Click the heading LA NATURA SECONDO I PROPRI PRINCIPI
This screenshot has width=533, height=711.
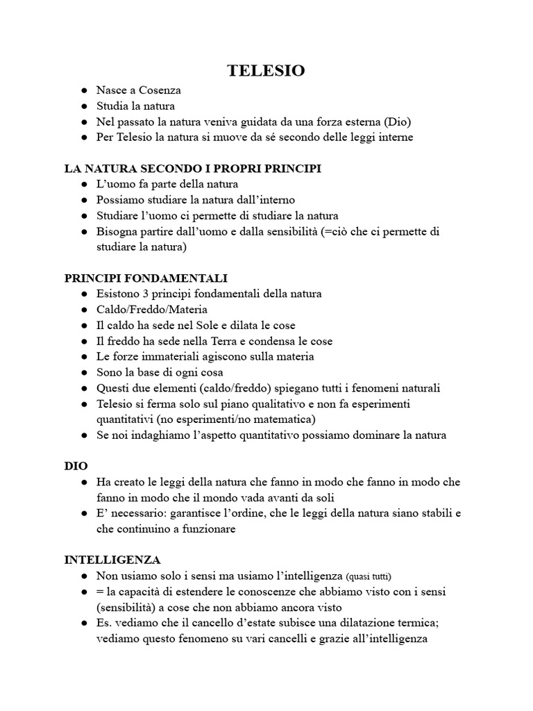click(x=193, y=169)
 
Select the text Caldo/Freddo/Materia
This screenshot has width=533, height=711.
click(x=152, y=310)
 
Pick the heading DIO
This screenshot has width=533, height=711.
click(x=76, y=466)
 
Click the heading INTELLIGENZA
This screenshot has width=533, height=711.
click(x=112, y=560)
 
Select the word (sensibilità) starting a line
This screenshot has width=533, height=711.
click(x=126, y=607)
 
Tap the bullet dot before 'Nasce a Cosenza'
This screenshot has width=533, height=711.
click(x=83, y=91)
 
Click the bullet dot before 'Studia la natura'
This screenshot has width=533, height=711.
click(x=83, y=106)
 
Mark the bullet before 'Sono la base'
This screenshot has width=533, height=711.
click(x=83, y=372)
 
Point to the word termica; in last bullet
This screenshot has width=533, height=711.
click(x=432, y=623)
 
